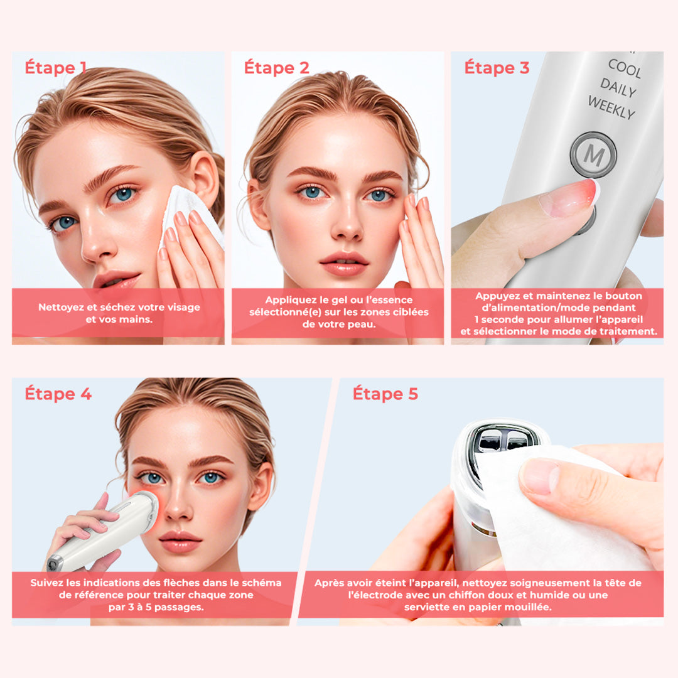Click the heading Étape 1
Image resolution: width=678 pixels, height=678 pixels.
(x=56, y=68)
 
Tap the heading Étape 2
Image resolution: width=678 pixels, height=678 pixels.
(x=277, y=68)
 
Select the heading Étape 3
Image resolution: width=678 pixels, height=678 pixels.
(x=497, y=68)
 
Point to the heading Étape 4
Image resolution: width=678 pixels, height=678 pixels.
(x=58, y=394)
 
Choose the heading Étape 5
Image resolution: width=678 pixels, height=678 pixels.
(x=385, y=394)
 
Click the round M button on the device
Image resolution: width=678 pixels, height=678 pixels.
(x=593, y=154)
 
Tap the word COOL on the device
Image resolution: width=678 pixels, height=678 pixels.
(x=625, y=68)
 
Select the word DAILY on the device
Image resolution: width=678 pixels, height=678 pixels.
(x=618, y=87)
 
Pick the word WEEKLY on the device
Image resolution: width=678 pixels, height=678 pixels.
(x=611, y=107)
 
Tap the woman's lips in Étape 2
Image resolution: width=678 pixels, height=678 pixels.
(x=344, y=264)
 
